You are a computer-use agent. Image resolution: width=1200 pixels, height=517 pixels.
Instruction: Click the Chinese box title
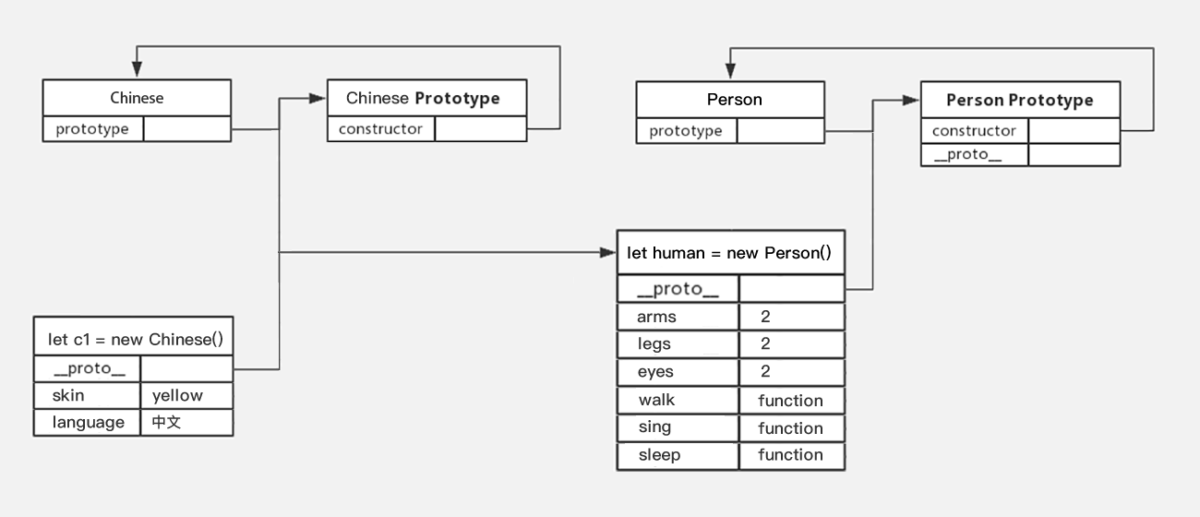pos(137,98)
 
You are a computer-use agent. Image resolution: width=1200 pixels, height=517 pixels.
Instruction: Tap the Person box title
pos(734,100)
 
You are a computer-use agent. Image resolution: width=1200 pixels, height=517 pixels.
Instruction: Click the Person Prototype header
pos(1019,100)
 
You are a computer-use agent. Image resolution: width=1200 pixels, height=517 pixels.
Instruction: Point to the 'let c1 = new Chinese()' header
pos(135,339)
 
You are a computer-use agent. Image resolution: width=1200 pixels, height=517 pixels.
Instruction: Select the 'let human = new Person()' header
pos(729,252)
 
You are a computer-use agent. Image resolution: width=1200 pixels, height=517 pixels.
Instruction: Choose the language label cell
pos(88,423)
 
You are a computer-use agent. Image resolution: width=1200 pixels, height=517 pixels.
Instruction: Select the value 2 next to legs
pos(765,344)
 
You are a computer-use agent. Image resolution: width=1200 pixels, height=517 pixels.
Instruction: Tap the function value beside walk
pos(790,400)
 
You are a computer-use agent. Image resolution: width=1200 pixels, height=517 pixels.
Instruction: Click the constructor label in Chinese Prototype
pos(380,129)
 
